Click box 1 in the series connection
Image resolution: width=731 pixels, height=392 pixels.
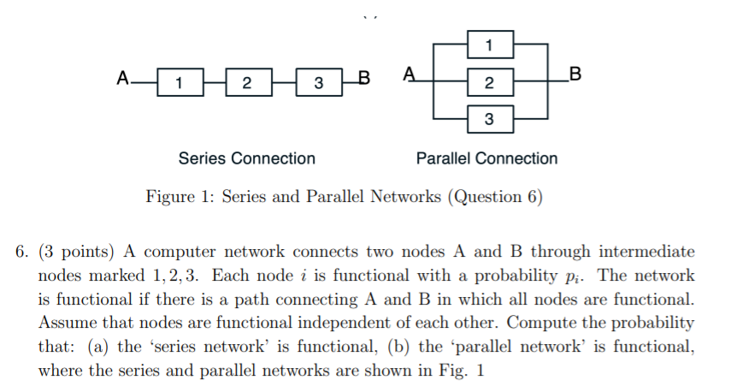click(179, 83)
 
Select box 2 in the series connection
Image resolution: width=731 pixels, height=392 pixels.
click(248, 83)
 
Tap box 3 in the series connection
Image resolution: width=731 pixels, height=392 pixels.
click(318, 83)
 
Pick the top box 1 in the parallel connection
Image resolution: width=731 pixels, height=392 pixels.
click(488, 43)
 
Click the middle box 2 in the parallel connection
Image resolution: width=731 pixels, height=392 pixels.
click(488, 83)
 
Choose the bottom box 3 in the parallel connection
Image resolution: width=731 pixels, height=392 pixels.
click(488, 118)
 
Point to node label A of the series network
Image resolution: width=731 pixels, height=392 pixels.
click(123, 80)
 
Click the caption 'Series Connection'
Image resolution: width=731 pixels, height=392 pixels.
click(246, 158)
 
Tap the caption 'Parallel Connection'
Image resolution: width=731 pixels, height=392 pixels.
click(486, 158)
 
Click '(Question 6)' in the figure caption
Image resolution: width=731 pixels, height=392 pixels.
click(496, 197)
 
